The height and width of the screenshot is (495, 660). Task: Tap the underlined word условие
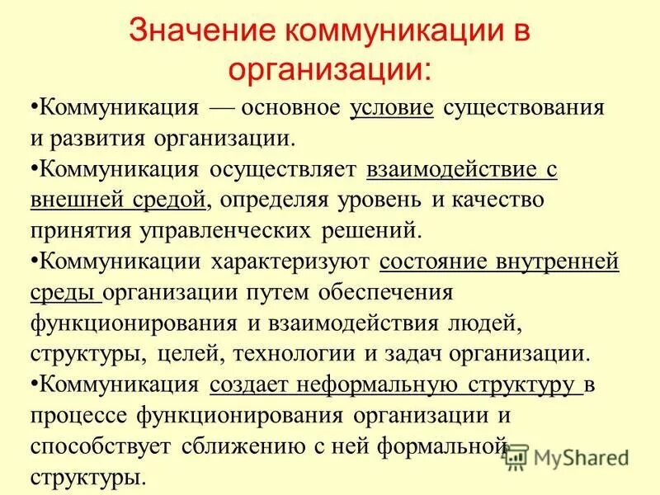[x=392, y=109]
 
